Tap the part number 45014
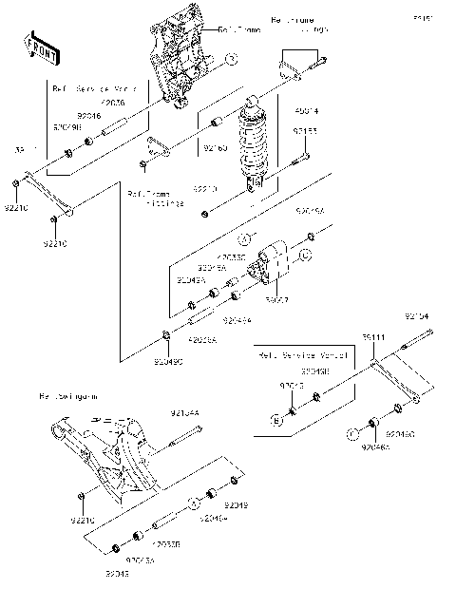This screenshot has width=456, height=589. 305,112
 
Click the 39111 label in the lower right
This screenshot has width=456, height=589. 375,337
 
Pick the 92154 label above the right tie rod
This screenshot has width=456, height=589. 417,314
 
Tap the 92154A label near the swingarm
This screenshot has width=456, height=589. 184,413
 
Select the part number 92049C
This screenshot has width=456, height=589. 168,362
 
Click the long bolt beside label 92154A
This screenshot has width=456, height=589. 185,436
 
